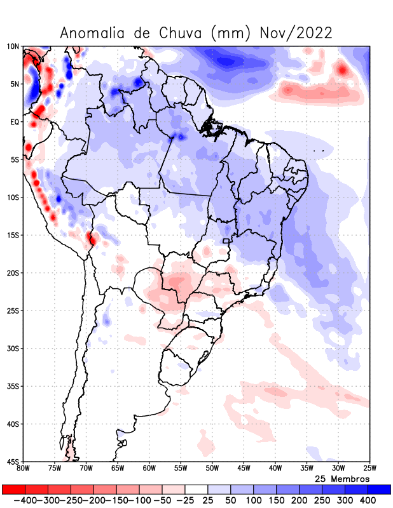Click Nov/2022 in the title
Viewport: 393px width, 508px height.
(296, 33)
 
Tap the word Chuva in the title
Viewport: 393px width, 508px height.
(183, 33)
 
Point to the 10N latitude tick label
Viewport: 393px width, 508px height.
(13, 46)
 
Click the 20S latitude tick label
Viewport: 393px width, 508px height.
(13, 273)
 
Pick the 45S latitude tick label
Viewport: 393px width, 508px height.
(13, 462)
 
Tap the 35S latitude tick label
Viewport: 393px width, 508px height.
(13, 386)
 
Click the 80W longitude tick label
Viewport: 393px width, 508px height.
(24, 469)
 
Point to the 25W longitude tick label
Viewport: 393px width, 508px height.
(369, 469)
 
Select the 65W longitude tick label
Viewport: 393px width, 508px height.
(118, 469)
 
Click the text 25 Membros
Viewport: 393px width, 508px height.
(342, 478)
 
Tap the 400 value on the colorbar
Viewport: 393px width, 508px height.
(368, 500)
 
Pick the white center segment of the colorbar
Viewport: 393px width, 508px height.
(197, 490)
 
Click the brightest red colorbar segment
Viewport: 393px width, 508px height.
(13, 490)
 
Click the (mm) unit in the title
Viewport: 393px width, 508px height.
(233, 33)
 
